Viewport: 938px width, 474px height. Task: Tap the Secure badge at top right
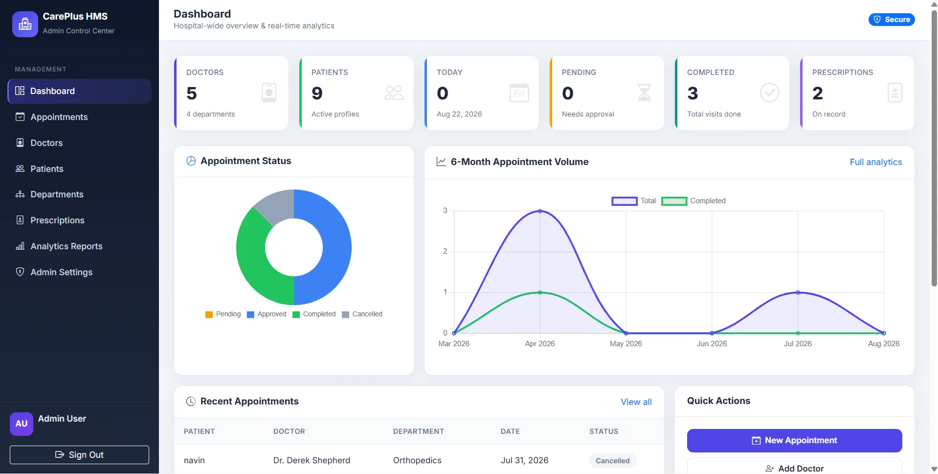[x=892, y=20]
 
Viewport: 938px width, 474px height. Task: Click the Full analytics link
[x=876, y=162]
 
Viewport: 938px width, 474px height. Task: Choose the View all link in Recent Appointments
[x=636, y=402]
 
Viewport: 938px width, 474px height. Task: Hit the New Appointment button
[x=795, y=441]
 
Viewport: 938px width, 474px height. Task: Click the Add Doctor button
[x=795, y=468]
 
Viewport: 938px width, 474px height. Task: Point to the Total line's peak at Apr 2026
[x=540, y=211]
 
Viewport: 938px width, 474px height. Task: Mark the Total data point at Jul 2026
[x=798, y=292]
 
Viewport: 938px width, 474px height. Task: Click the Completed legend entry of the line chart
[x=693, y=201]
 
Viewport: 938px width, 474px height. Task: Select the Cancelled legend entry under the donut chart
[x=362, y=314]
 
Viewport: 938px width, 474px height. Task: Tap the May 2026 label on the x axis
[x=625, y=344]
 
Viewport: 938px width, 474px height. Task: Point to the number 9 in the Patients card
[x=317, y=93]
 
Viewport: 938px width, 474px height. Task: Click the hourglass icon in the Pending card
[x=645, y=93]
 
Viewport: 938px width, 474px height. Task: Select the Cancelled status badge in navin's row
[x=613, y=461]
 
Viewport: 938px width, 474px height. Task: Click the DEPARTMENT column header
[x=419, y=431]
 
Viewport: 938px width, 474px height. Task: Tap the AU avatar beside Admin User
[x=22, y=424]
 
